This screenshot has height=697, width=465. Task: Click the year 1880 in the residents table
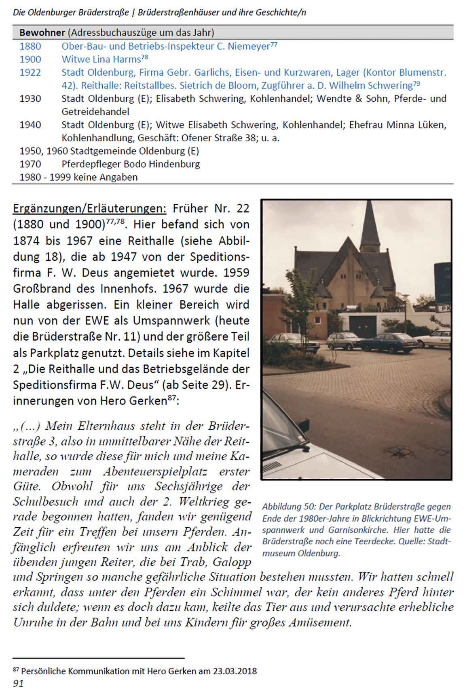pos(30,46)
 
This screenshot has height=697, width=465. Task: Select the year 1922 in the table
pos(30,72)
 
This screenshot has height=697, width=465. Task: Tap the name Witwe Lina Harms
pos(101,60)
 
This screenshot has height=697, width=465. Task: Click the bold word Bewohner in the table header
pos(42,32)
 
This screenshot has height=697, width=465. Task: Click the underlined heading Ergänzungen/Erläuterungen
pos(89,209)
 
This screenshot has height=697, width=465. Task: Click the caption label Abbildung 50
pos(288,507)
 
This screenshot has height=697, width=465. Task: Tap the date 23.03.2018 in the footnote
pos(235,671)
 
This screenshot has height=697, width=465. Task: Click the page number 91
pos(18,684)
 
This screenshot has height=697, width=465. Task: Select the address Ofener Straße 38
pos(219,138)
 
